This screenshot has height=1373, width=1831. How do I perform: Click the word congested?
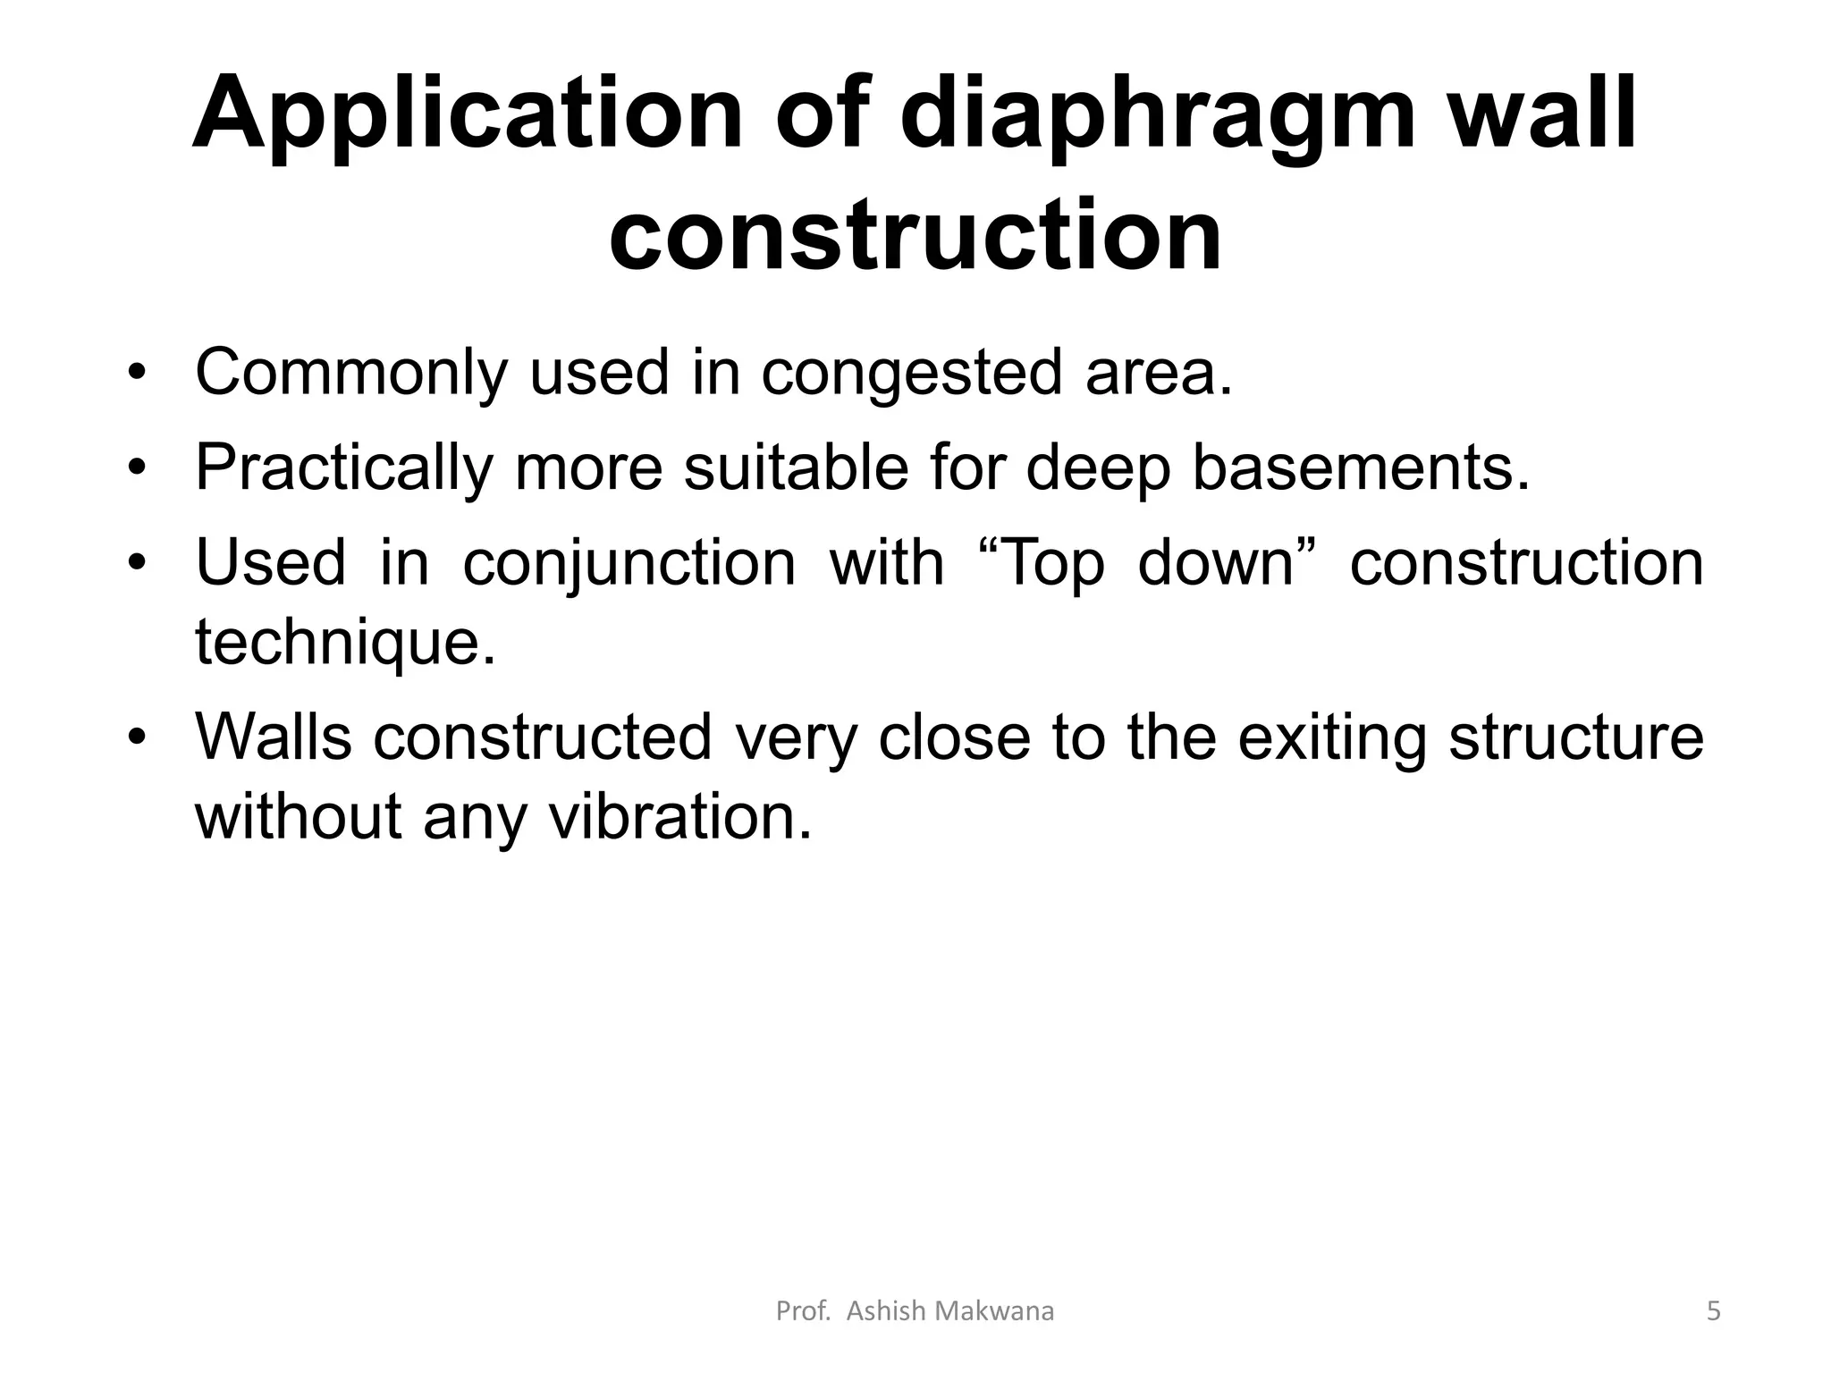pos(911,374)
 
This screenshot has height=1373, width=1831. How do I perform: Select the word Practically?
pos(344,468)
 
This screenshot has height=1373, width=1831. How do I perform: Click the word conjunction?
pos(629,565)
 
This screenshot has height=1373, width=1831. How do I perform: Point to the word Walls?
pos(273,738)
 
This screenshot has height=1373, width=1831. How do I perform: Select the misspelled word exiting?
pos(1331,738)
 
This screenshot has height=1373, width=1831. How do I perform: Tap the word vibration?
pos(679,817)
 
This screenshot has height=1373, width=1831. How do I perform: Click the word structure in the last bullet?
pos(1575,738)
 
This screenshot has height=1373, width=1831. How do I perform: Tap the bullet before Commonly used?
pos(136,374)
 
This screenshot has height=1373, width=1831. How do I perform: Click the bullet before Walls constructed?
pos(136,738)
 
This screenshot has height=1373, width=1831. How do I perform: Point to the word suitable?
pos(796,468)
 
